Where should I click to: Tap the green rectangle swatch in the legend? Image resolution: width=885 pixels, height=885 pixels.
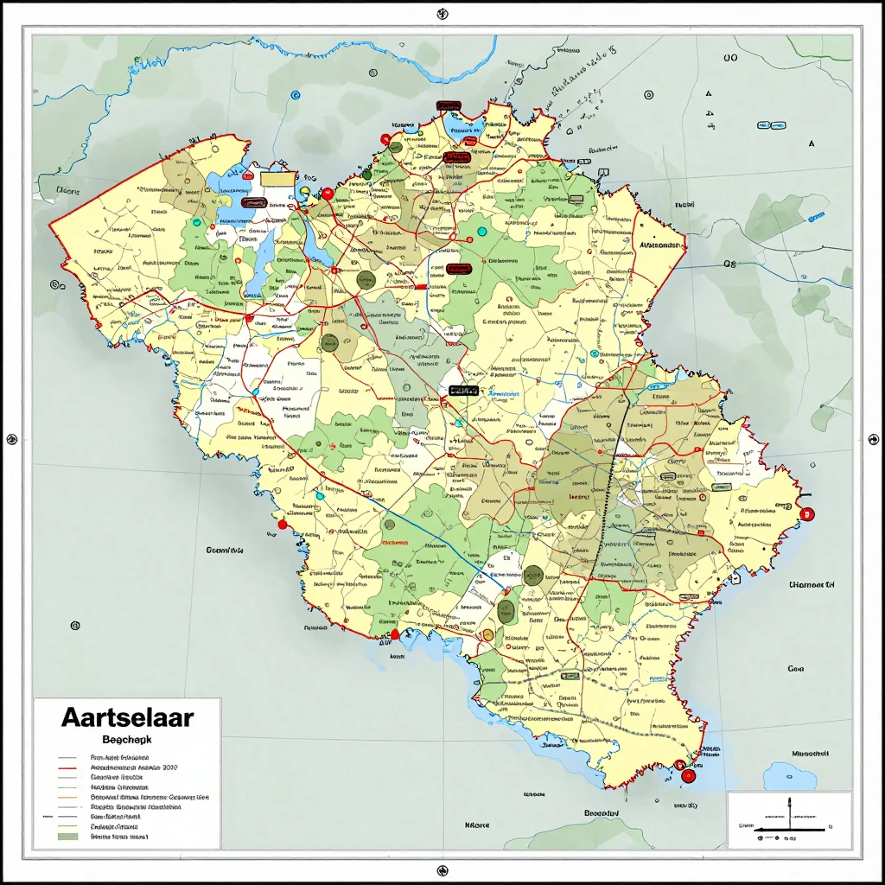click(x=67, y=836)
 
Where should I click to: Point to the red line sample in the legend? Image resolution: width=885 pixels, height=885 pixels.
click(x=67, y=767)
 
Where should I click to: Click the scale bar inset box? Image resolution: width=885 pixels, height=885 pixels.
click(x=788, y=819)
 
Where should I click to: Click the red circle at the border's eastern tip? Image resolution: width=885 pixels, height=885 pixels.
click(x=808, y=514)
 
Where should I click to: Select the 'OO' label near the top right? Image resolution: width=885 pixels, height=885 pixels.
click(x=729, y=58)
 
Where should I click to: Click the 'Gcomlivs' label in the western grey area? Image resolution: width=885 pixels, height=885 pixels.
click(x=224, y=550)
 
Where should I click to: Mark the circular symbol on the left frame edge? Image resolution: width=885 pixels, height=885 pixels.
click(x=12, y=439)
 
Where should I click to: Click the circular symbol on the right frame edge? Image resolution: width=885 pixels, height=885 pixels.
click(x=872, y=439)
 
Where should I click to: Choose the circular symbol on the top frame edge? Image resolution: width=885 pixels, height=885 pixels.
click(x=442, y=13)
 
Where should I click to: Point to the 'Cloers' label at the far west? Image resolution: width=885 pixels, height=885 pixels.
click(x=67, y=190)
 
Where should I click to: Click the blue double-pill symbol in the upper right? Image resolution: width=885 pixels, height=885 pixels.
click(x=771, y=125)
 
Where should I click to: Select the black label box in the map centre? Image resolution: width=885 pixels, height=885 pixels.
click(x=463, y=391)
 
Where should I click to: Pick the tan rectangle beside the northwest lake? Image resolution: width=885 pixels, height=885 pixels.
click(x=277, y=178)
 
